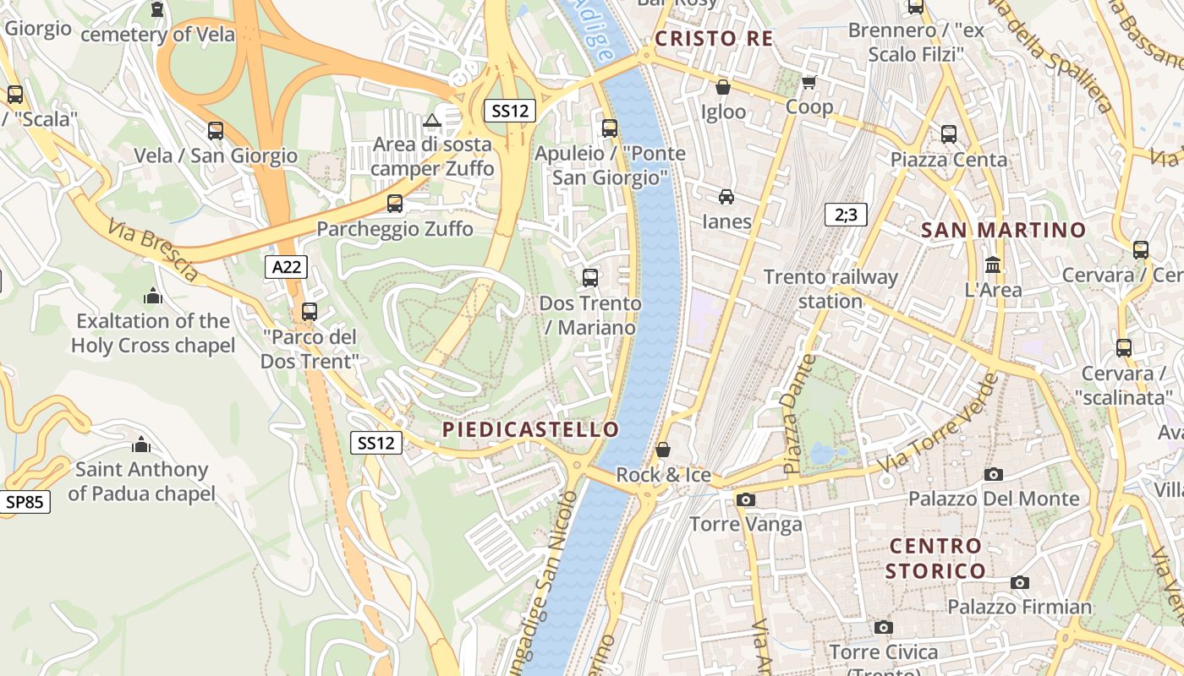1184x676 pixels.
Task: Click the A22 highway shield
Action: [286, 267]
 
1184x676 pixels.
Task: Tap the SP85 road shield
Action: [25, 502]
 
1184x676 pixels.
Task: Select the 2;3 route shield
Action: [846, 215]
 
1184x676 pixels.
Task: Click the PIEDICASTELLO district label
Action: [531, 429]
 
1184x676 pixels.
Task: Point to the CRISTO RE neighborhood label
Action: [714, 39]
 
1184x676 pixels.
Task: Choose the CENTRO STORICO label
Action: [935, 558]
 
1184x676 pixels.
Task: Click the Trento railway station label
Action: [830, 289]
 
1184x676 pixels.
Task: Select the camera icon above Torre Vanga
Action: [745, 499]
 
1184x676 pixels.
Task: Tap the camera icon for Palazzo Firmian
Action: [1020, 582]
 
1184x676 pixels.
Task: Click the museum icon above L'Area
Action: [993, 265]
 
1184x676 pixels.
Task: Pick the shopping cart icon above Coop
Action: [809, 82]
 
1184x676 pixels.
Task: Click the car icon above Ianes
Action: [726, 197]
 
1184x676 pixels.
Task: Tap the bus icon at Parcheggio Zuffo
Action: [395, 203]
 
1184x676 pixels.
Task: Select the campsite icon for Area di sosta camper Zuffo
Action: [432, 120]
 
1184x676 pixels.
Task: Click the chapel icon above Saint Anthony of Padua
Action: [141, 444]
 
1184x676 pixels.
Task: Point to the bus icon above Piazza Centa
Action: [949, 134]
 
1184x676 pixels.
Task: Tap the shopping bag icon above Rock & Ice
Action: [663, 449]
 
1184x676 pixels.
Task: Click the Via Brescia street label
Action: [152, 250]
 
